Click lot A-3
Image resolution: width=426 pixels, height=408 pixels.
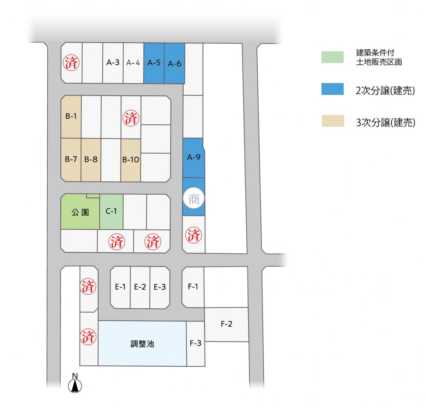click(112, 63)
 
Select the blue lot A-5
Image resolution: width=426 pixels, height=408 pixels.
click(154, 63)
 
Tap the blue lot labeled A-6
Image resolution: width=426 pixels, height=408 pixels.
click(174, 63)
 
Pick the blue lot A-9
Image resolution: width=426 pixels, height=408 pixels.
click(193, 158)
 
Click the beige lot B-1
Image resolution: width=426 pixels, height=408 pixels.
click(71, 117)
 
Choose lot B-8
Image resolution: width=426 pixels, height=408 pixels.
click(91, 160)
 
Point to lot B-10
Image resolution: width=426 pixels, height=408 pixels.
click(131, 160)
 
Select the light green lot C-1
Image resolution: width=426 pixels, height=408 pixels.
click(111, 211)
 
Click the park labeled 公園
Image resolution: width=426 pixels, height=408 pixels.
click(80, 212)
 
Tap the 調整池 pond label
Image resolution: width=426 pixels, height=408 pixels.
click(142, 343)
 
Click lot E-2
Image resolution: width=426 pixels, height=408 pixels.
click(140, 287)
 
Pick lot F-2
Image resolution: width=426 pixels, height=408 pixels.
click(226, 324)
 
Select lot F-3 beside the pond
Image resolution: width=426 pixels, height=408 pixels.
click(196, 343)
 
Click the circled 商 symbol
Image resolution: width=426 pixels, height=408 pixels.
click(194, 198)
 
